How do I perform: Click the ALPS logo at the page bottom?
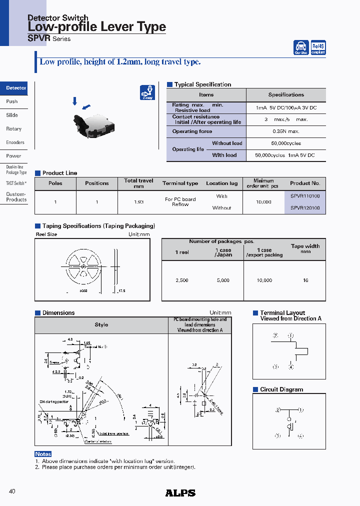[180, 493]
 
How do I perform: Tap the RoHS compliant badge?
[318, 47]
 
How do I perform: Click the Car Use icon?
[301, 47]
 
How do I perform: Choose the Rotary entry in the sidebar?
[13, 129]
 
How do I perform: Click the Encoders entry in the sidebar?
[15, 142]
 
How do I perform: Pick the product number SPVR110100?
[305, 196]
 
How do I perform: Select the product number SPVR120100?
[305, 208]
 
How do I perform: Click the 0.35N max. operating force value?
[286, 131]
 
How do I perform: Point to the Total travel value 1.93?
[138, 202]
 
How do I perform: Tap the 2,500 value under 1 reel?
[182, 280]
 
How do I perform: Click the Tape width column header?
[305, 248]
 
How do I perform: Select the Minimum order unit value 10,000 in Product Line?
[263, 202]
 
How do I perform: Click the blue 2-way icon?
[147, 92]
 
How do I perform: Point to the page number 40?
[12, 491]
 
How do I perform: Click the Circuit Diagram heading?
[281, 389]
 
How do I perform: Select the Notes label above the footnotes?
[43, 454]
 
